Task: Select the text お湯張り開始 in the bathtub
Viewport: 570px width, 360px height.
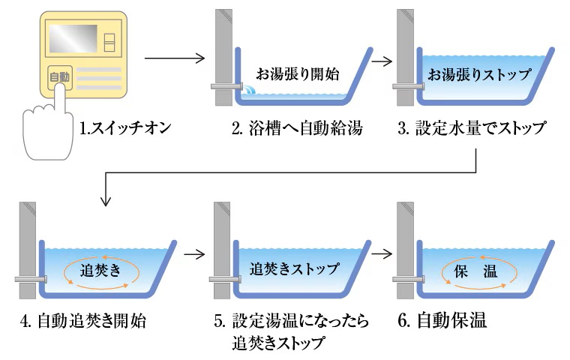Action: click(x=298, y=73)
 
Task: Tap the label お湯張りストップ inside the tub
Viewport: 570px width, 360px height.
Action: click(x=479, y=74)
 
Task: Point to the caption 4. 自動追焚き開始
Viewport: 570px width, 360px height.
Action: click(x=83, y=322)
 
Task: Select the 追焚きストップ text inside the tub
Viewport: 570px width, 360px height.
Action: click(x=294, y=268)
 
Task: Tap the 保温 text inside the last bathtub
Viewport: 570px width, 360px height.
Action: click(x=475, y=270)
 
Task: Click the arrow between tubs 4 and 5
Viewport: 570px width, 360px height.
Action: click(x=194, y=253)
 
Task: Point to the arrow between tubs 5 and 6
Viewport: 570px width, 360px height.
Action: click(x=381, y=253)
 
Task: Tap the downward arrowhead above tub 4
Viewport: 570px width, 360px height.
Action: click(x=106, y=201)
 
